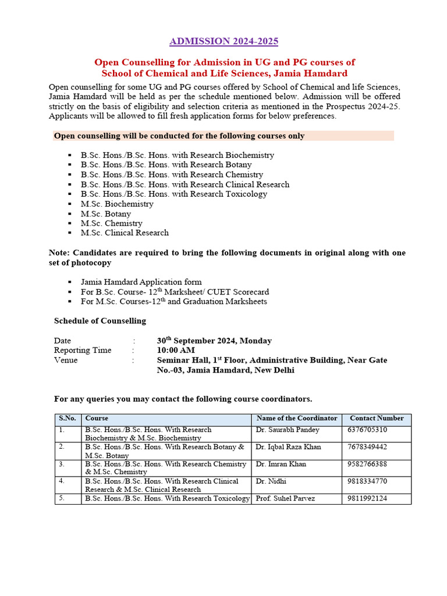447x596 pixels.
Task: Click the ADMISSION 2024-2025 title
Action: pos(223,41)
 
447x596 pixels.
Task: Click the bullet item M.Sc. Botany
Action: pos(106,214)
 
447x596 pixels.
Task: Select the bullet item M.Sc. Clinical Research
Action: pos(125,233)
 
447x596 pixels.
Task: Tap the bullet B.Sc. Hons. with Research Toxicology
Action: pos(173,194)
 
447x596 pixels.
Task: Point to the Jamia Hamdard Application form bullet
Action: pos(141,282)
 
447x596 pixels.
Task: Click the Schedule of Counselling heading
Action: pos(100,321)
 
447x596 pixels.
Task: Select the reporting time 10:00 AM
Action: pos(176,350)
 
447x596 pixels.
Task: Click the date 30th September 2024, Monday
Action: pos(214,340)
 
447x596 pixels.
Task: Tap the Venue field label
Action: pos(66,360)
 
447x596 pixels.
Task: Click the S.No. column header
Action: pos(68,418)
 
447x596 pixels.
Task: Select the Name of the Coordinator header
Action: pos(297,418)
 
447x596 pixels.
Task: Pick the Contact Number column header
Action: pos(377,418)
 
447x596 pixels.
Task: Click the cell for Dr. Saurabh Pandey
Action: pos(288,430)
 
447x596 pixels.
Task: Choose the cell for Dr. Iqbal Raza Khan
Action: pos(288,447)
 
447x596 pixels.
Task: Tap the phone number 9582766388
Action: pos(367,464)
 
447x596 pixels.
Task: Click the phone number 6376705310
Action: pos(367,430)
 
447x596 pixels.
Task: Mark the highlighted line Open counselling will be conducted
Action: pos(179,136)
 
